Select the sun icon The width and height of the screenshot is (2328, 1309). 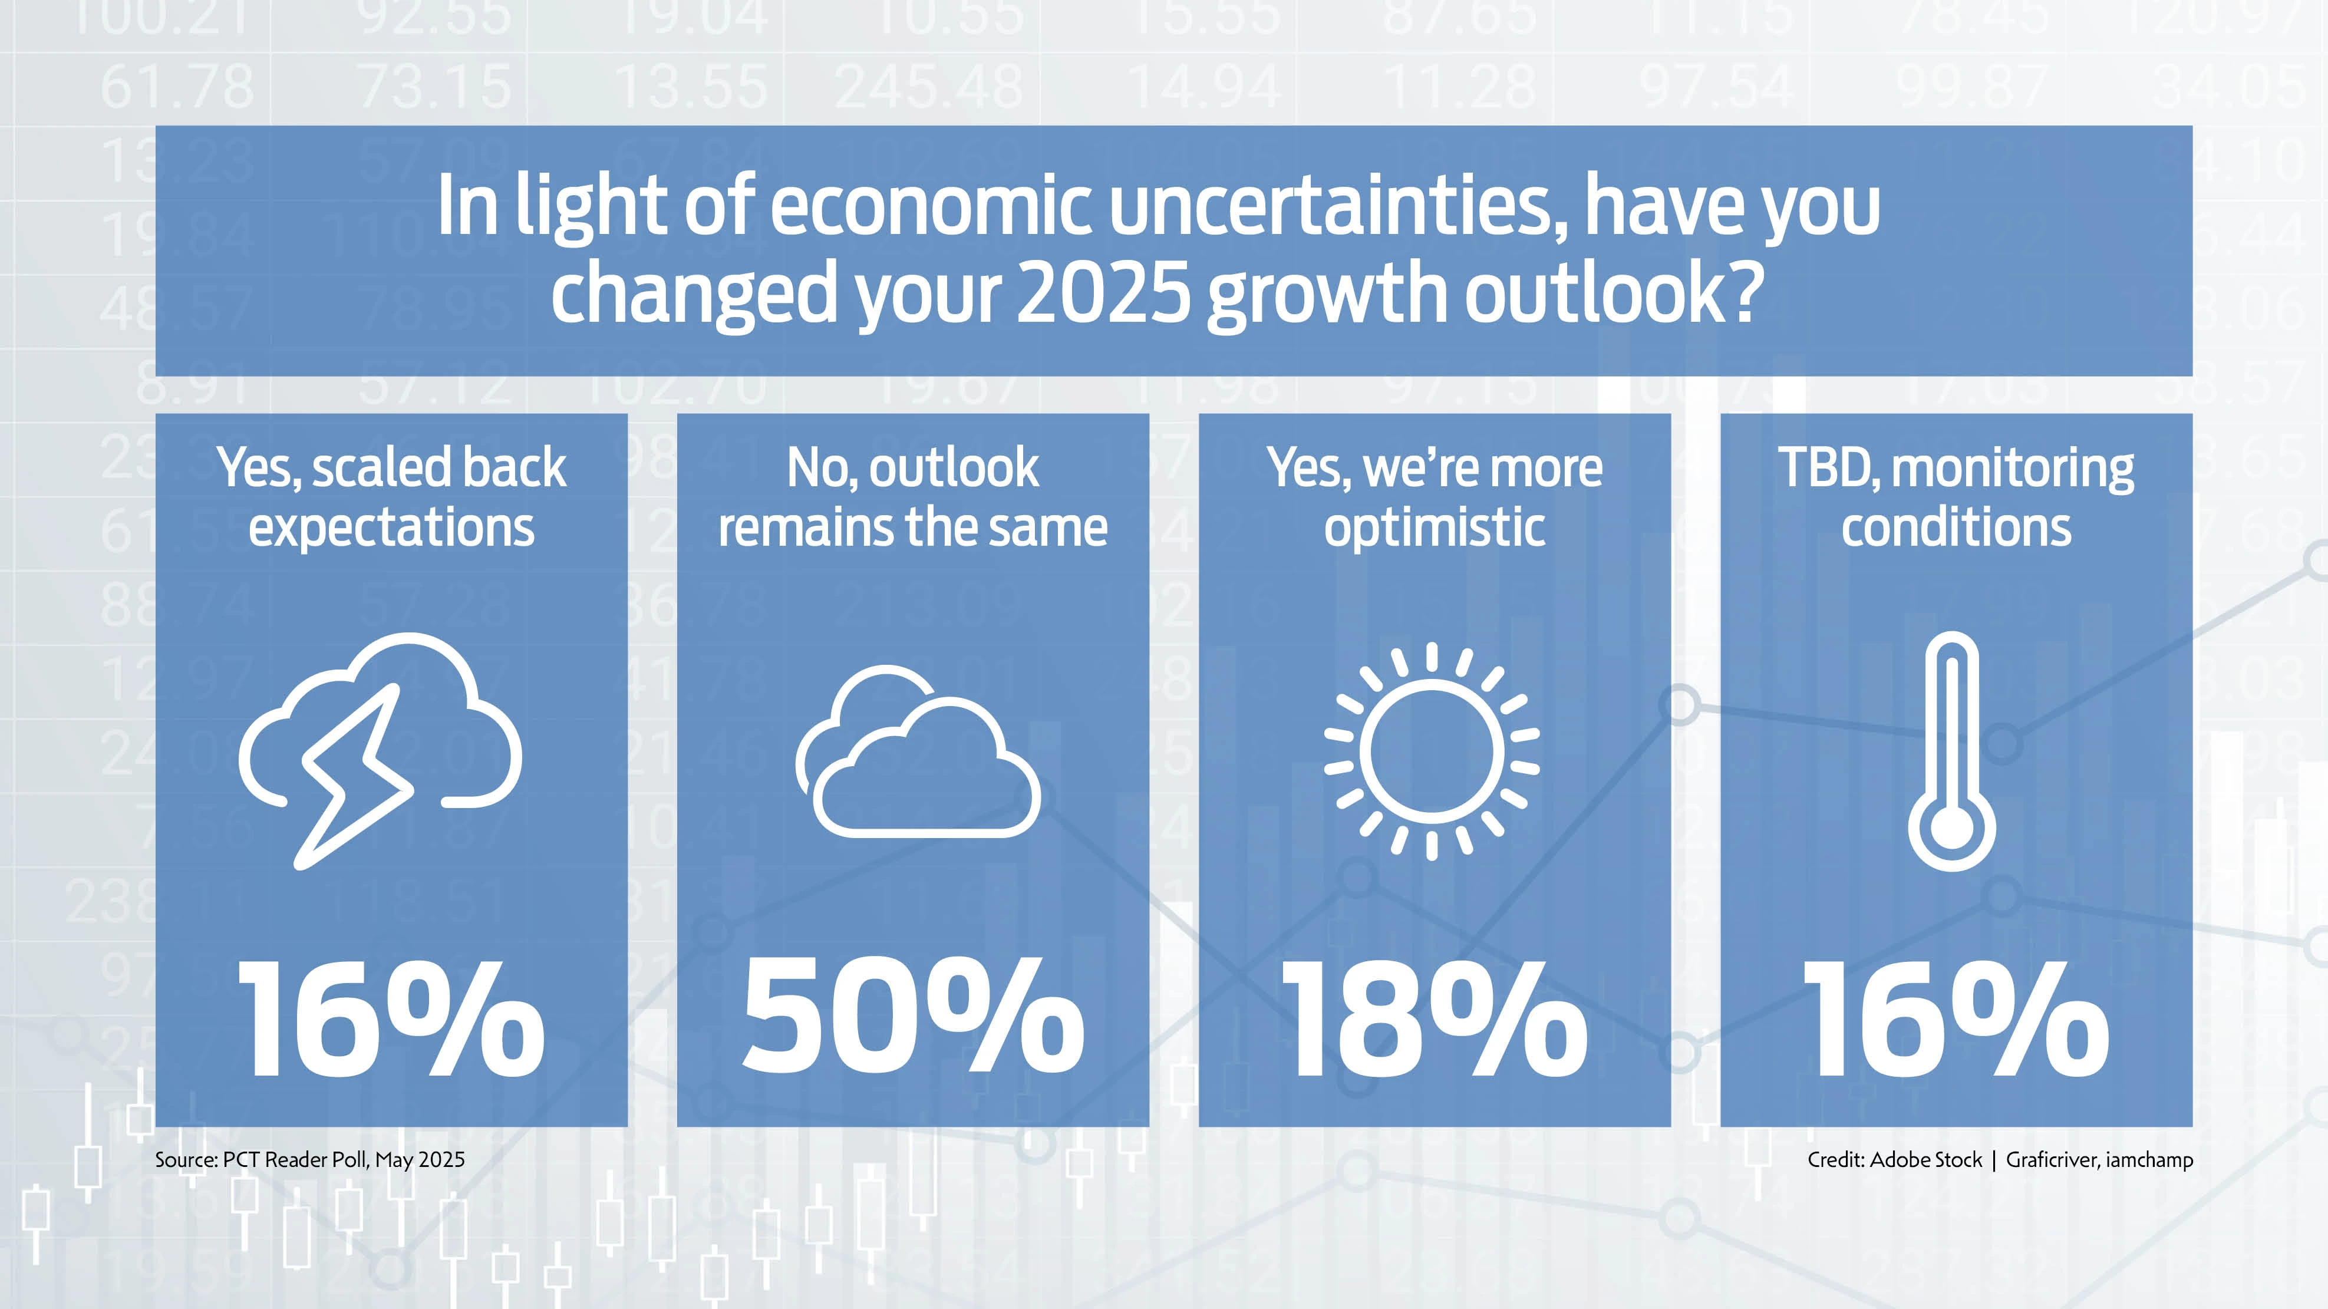[x=1432, y=750]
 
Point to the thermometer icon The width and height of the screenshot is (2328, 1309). [x=1952, y=750]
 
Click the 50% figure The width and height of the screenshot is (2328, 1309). [x=913, y=1018]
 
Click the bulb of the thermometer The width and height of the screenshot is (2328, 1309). [x=1952, y=829]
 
